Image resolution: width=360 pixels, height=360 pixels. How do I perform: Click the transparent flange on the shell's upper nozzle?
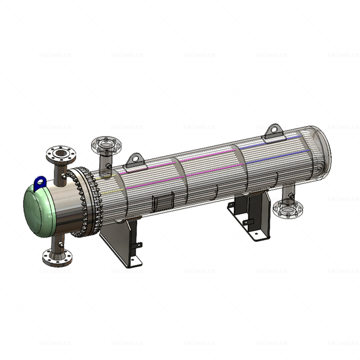104,145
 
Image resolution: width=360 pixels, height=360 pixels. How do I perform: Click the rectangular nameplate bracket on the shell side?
162,202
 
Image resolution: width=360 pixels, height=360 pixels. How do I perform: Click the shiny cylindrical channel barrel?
67,207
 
